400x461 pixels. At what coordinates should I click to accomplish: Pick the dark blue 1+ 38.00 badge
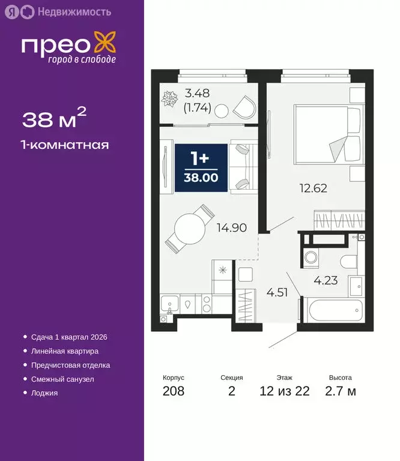(201, 168)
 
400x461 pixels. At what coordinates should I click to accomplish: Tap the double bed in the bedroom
(327, 134)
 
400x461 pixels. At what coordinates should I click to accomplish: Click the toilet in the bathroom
(347, 261)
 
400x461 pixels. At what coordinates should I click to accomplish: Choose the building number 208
(174, 391)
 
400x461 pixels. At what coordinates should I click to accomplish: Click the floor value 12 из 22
(285, 391)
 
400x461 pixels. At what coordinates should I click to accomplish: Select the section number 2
(232, 391)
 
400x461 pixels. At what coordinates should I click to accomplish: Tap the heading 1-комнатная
(65, 145)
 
